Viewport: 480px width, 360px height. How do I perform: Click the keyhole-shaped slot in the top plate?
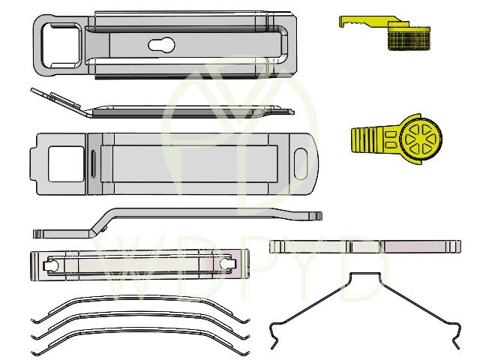161,45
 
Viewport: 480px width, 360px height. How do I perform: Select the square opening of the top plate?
61,46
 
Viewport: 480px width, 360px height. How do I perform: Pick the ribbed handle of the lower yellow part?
374,139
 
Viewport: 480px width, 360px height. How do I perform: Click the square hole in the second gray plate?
66,164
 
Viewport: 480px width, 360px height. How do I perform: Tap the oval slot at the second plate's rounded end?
301,163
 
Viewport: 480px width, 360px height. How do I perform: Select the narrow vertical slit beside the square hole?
93,163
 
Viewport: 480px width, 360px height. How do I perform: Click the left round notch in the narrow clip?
51,265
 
